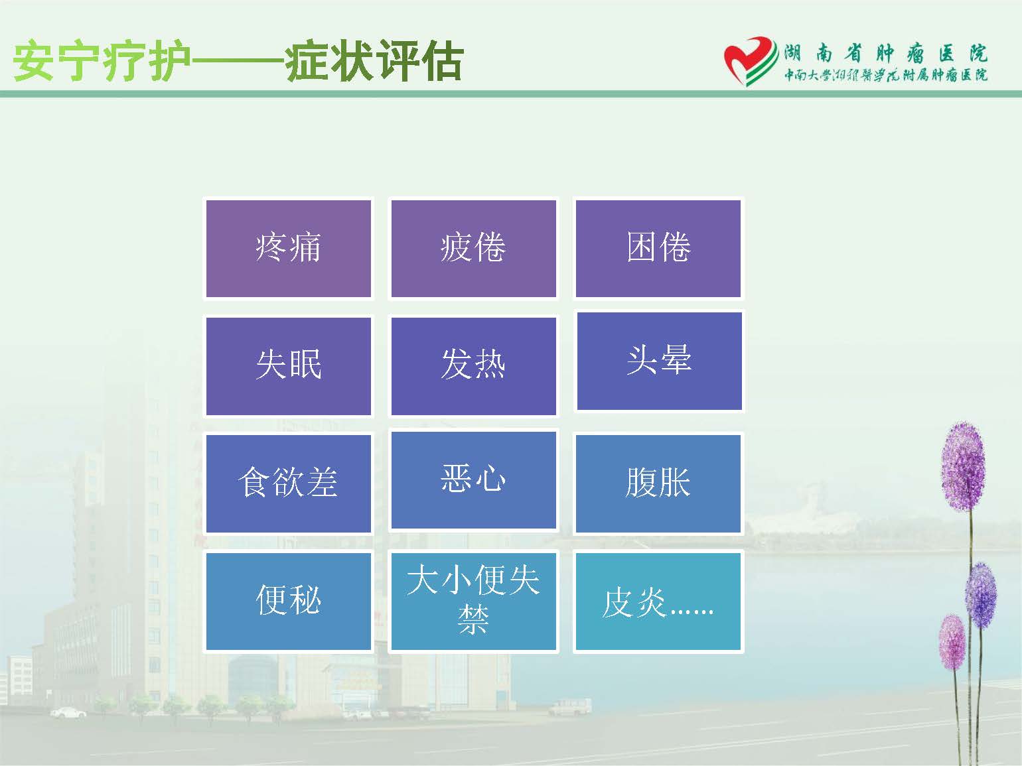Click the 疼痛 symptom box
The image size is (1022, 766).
(x=288, y=248)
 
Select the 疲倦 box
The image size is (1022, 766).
(x=474, y=248)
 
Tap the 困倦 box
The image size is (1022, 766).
(x=658, y=248)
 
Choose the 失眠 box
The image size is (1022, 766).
(x=288, y=366)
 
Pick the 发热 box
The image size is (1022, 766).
(x=474, y=366)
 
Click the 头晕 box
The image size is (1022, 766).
(x=659, y=361)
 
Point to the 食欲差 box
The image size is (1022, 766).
(x=288, y=483)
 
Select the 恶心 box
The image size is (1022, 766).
(x=474, y=480)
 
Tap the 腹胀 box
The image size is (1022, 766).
(x=658, y=483)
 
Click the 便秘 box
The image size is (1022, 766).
(x=288, y=602)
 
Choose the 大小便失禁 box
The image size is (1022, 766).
(x=474, y=602)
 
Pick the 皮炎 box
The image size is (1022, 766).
(x=658, y=602)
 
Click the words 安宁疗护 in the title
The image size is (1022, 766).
(x=102, y=61)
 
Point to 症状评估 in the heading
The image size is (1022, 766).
(x=374, y=61)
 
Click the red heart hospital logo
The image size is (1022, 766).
(x=751, y=60)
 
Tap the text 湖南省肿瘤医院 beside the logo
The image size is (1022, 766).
(x=885, y=54)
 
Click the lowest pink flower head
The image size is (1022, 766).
(x=952, y=642)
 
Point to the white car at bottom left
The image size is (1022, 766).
(x=68, y=712)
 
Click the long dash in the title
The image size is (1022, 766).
(x=238, y=61)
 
